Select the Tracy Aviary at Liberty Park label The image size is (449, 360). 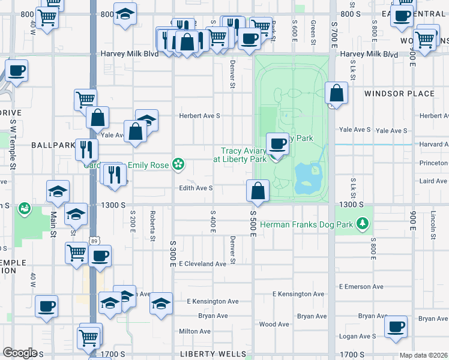pyautogui.click(x=243, y=155)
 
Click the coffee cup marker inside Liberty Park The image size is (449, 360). pyautogui.click(x=277, y=145)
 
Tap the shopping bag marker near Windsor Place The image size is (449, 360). pyautogui.click(x=337, y=94)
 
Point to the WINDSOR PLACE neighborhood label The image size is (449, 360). pyautogui.click(x=399, y=94)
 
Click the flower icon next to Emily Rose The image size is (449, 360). pyautogui.click(x=178, y=163)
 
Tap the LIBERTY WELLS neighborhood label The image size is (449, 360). pyautogui.click(x=208, y=355)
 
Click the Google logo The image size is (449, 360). pyautogui.click(x=20, y=353)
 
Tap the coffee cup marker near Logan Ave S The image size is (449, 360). pyautogui.click(x=396, y=328)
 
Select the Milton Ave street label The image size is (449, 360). pyautogui.click(x=194, y=331)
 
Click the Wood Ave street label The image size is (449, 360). pyautogui.click(x=275, y=325)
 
